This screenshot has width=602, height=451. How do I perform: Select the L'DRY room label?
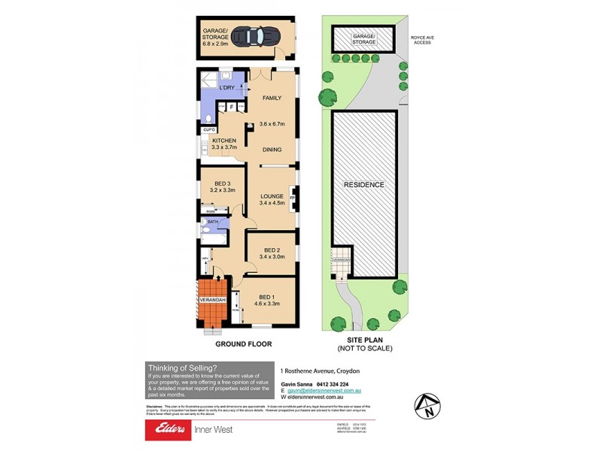227,89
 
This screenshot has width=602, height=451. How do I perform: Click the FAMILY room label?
271,98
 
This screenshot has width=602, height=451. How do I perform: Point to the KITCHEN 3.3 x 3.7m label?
224,144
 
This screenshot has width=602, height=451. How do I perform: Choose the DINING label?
272,150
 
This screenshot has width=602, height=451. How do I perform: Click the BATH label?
212,223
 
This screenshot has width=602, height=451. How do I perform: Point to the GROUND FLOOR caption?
243,344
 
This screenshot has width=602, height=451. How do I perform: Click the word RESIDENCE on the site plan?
364,184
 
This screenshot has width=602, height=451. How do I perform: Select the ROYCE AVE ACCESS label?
423,38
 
